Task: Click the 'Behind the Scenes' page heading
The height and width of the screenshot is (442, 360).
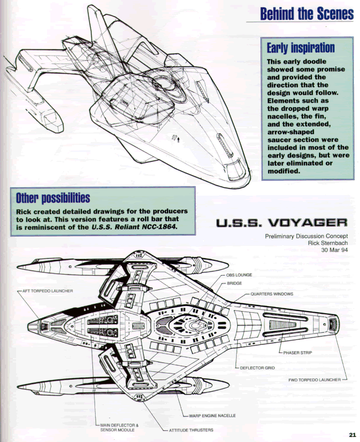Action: (306, 13)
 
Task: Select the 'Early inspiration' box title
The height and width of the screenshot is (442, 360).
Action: (300, 48)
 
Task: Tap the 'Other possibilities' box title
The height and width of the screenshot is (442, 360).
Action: (53, 197)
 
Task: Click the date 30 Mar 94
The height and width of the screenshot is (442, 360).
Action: (333, 251)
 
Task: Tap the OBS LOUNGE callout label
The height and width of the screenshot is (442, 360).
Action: (239, 275)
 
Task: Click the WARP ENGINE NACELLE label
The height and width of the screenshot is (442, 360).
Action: (213, 415)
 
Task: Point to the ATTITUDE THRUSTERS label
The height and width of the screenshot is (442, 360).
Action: (190, 430)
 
